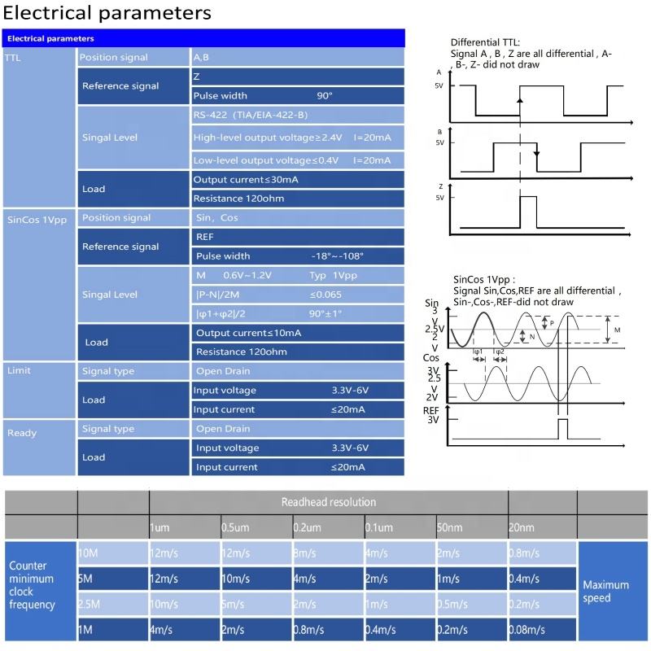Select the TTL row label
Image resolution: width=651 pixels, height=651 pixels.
pyautogui.click(x=13, y=58)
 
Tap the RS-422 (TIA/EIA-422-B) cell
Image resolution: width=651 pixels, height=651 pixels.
pyautogui.click(x=249, y=116)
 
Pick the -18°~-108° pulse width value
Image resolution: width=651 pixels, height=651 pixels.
pyautogui.click(x=337, y=256)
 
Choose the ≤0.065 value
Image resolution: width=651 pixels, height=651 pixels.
pyautogui.click(x=326, y=294)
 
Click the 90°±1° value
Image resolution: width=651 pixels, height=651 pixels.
pyautogui.click(x=325, y=313)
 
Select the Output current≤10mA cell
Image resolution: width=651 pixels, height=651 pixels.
pyautogui.click(x=248, y=333)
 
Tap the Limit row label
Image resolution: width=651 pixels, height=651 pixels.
pyautogui.click(x=19, y=370)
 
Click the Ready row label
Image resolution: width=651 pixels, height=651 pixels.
pyautogui.click(x=22, y=433)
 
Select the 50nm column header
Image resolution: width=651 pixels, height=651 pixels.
pyautogui.click(x=448, y=528)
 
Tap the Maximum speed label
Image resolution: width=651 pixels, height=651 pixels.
pyautogui.click(x=606, y=592)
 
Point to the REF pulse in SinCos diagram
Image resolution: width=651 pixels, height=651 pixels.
pyautogui.click(x=562, y=429)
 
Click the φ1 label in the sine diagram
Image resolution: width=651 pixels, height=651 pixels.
pyautogui.click(x=478, y=352)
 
